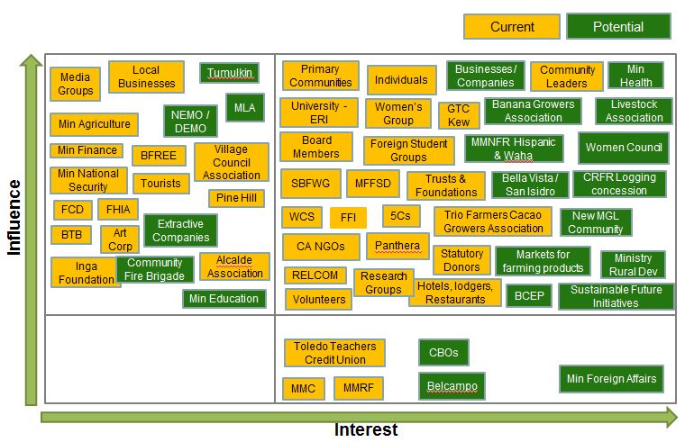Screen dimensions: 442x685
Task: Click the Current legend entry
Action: tap(512, 27)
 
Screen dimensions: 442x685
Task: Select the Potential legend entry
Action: tap(618, 27)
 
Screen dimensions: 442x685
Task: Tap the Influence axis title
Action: tap(14, 217)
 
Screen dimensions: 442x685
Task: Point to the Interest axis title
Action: tap(366, 429)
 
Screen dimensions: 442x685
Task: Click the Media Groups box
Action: tap(76, 85)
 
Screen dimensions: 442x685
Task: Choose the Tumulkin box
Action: tap(229, 73)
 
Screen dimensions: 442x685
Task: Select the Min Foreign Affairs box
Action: tap(611, 379)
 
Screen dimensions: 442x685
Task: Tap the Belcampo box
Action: tap(452, 387)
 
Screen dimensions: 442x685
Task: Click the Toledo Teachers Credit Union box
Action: tap(334, 353)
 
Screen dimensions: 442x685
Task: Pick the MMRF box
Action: tap(359, 389)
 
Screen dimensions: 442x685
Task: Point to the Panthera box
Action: tap(397, 246)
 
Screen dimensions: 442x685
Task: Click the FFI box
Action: tap(348, 218)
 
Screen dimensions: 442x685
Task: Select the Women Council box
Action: tap(624, 148)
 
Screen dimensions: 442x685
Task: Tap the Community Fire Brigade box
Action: tap(154, 269)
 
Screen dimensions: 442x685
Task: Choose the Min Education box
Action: tap(224, 299)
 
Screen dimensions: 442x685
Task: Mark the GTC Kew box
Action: tap(458, 115)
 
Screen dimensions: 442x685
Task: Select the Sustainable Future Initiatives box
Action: tap(616, 296)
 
